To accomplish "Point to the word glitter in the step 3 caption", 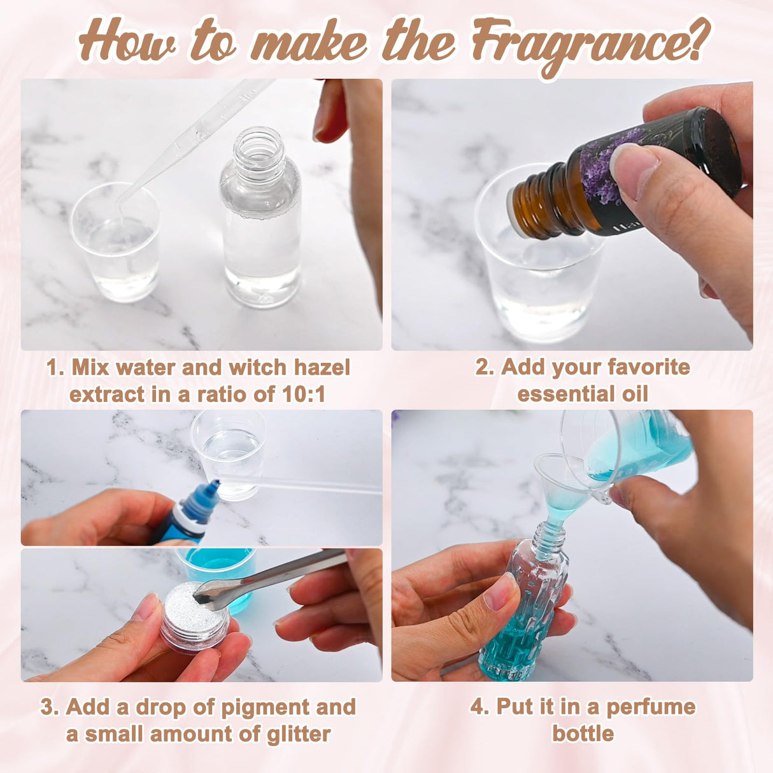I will tap(299, 734).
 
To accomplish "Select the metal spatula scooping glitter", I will tap(274, 576).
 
